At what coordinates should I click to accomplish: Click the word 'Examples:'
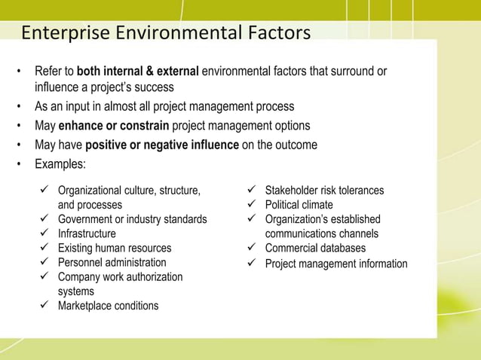pyautogui.click(x=61, y=163)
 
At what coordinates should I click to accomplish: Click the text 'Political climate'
pyautogui.click(x=299, y=205)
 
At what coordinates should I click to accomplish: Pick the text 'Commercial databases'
pyautogui.click(x=315, y=248)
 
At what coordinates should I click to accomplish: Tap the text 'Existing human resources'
pyautogui.click(x=115, y=248)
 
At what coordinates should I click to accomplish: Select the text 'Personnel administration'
pyautogui.click(x=112, y=262)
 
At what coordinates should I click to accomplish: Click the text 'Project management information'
pyautogui.click(x=336, y=264)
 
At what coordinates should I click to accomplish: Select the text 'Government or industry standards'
pyautogui.click(x=133, y=219)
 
